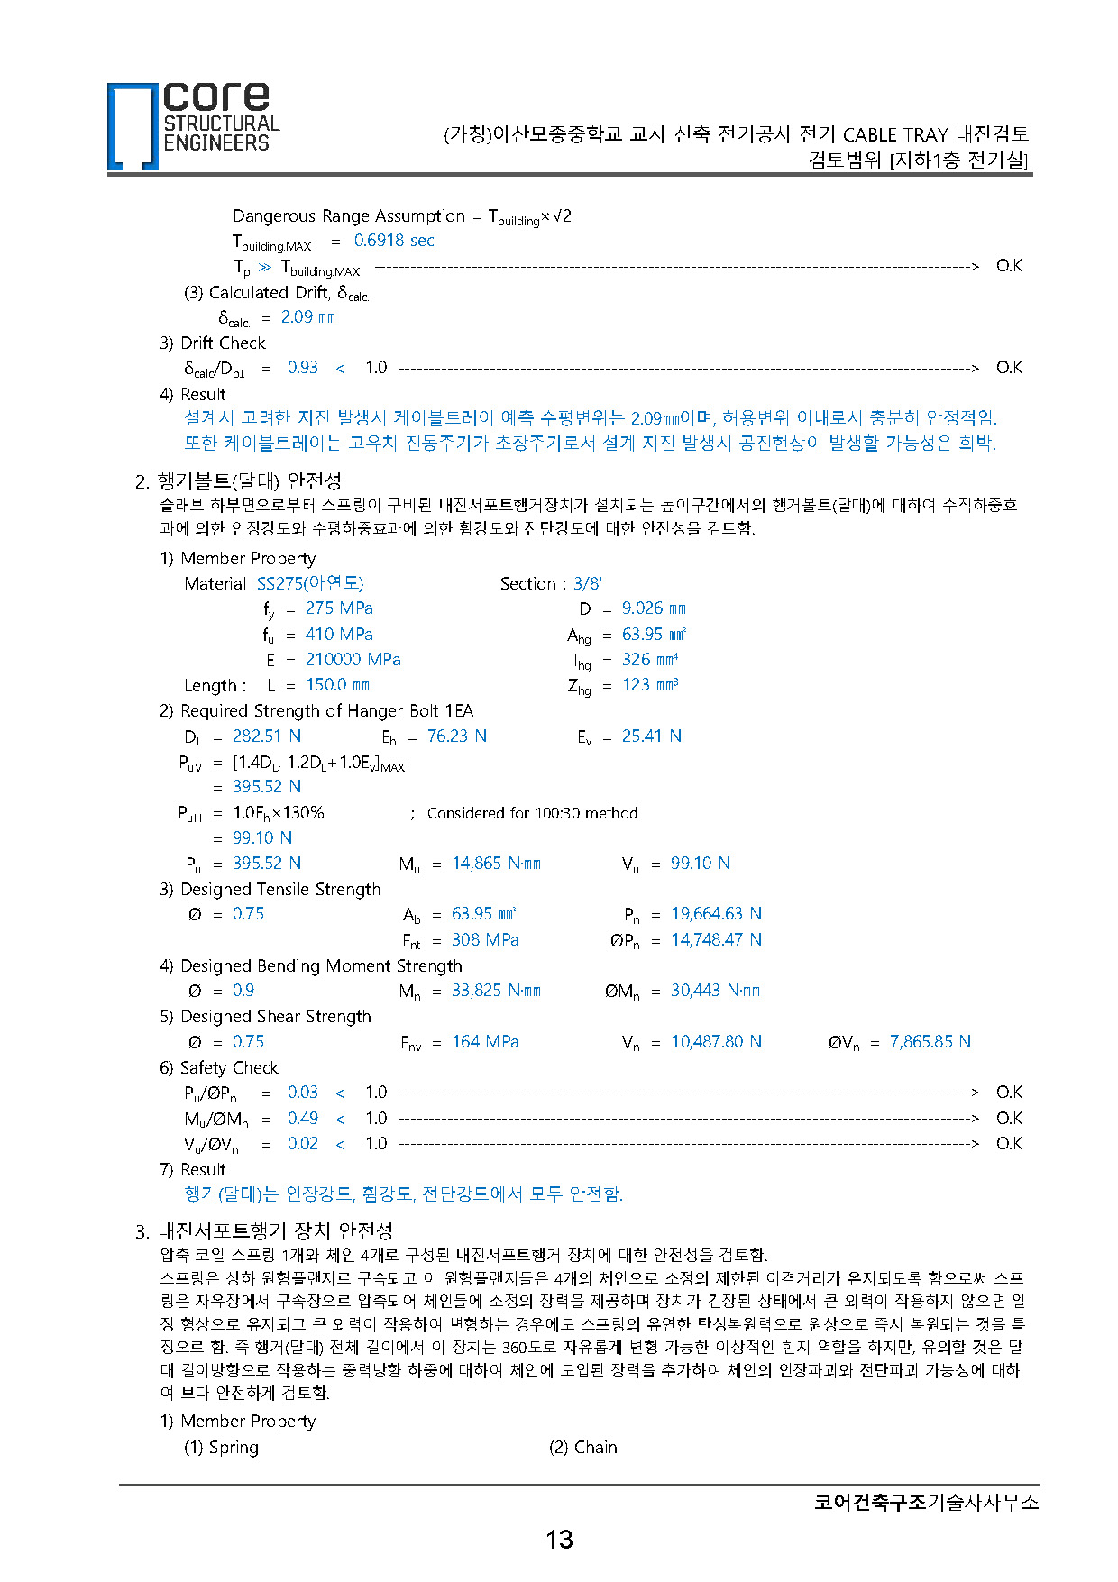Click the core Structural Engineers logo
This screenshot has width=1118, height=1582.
[194, 125]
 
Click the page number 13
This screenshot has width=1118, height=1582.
[559, 1539]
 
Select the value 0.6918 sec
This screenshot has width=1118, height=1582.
[394, 241]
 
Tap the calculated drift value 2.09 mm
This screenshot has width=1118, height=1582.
[308, 317]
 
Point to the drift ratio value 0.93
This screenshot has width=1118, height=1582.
[302, 368]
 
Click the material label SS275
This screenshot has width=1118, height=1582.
[310, 584]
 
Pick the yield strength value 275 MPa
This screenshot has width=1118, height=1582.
[339, 608]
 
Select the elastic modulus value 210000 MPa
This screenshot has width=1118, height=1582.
[353, 660]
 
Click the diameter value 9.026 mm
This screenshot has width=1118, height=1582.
[654, 608]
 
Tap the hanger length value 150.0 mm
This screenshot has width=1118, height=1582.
[337, 685]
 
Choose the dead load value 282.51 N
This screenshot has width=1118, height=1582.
[267, 736]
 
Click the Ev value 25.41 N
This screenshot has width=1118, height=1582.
[651, 736]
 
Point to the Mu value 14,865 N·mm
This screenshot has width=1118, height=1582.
[496, 864]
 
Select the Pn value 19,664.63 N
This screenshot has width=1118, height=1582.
[716, 914]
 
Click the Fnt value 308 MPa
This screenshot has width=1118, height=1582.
[485, 940]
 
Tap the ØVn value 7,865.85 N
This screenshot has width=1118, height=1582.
[930, 1042]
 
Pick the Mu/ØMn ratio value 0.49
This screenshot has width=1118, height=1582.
[302, 1119]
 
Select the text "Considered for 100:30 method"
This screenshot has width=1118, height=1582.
[532, 813]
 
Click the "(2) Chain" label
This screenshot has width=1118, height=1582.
[582, 1448]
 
